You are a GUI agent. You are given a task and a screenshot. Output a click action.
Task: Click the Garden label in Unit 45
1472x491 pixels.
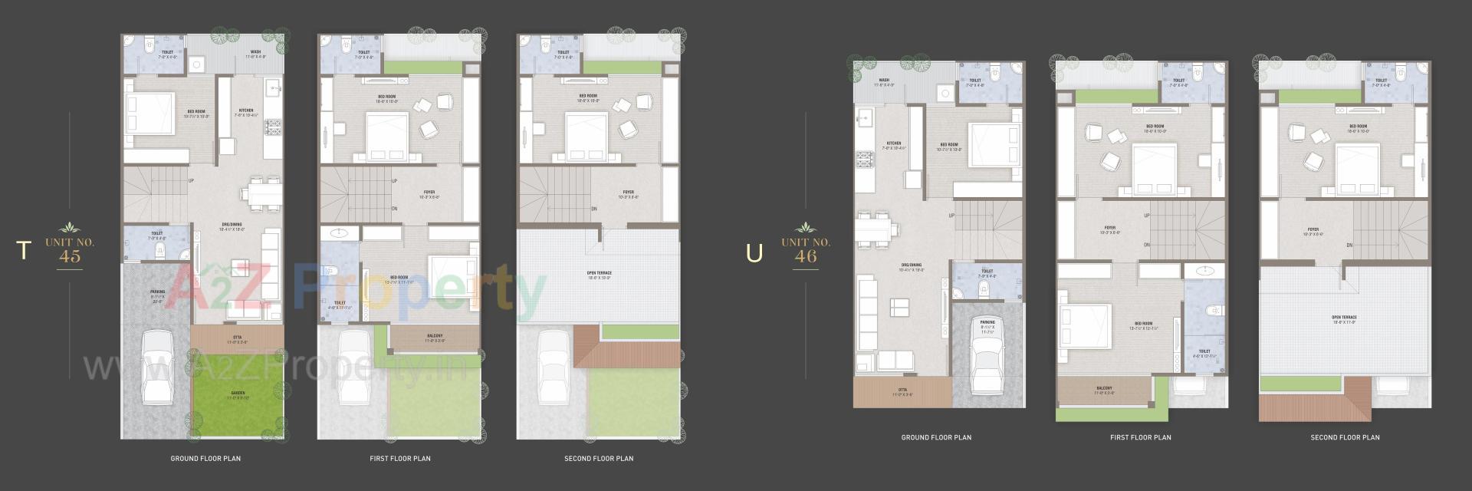(238, 394)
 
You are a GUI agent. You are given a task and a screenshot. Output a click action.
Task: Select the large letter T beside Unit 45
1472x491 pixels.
(25, 250)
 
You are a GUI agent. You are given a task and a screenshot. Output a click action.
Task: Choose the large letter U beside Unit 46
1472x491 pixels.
(754, 252)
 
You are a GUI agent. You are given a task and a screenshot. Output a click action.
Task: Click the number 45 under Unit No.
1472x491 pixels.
(70, 257)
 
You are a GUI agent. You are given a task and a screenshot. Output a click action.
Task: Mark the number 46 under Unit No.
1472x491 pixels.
(806, 257)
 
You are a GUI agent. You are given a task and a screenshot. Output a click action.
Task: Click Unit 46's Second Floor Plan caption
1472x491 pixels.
(1345, 437)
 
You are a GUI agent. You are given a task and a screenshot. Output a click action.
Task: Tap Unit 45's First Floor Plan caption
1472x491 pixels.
(400, 459)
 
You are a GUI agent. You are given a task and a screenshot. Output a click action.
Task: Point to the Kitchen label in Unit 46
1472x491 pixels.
(894, 144)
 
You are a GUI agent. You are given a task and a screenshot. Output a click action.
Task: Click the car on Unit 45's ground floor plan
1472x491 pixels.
(159, 368)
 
